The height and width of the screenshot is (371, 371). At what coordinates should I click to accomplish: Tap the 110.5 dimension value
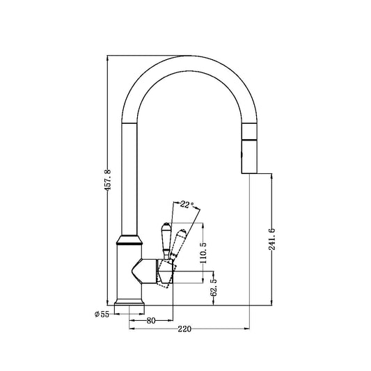203,253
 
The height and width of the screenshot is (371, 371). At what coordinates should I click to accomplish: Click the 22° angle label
187,205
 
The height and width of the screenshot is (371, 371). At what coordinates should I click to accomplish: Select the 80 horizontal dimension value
150,321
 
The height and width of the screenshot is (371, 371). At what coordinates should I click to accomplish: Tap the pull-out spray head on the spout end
248,150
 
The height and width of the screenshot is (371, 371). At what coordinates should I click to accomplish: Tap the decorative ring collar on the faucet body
130,244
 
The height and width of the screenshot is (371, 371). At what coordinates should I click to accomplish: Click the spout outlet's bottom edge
248,172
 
